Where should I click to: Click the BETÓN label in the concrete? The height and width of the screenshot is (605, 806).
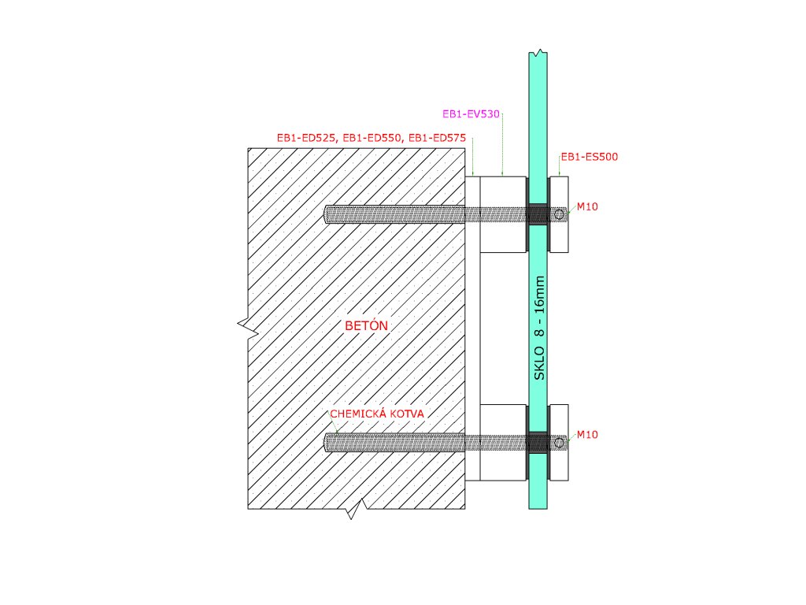point(368,325)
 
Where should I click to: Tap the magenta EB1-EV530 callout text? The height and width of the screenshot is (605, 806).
point(471,114)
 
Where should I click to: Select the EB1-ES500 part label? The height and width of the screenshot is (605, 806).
point(589,157)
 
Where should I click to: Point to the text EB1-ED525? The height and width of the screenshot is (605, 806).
point(305,138)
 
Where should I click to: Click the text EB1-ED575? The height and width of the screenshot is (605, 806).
point(437,138)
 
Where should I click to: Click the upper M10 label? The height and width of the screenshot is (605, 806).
point(586,207)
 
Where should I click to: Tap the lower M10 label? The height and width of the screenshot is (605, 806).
point(586,434)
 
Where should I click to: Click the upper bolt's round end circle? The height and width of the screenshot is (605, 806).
point(559,213)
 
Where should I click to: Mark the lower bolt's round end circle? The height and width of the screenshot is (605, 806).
point(559,443)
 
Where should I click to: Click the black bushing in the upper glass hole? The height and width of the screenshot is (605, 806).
point(538,213)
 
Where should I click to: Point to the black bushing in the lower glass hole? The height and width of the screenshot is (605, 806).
point(538,442)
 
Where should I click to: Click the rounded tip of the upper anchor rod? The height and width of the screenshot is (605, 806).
point(328,213)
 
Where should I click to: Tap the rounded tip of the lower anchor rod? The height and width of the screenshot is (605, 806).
point(328,443)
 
